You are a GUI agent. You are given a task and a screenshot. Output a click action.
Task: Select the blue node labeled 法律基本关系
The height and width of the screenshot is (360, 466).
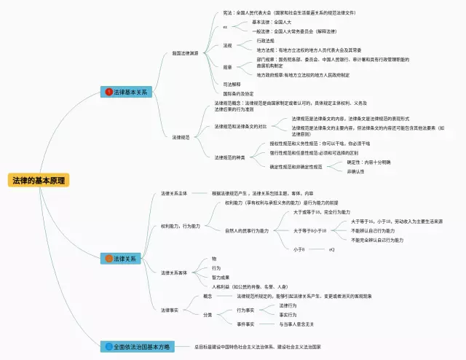click(129, 93)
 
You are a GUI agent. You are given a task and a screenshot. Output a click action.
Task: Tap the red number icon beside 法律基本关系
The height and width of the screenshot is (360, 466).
click(108, 93)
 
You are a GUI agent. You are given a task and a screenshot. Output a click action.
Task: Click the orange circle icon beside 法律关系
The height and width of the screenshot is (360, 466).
click(108, 258)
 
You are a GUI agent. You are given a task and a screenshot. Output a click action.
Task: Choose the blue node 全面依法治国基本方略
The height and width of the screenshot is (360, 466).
click(140, 347)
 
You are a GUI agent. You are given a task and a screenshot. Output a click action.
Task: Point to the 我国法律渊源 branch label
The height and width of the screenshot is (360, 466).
click(185, 53)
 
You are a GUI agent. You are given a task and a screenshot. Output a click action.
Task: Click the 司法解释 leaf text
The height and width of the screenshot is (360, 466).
click(232, 85)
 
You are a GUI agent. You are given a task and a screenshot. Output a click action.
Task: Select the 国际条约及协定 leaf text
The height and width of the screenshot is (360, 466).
click(239, 94)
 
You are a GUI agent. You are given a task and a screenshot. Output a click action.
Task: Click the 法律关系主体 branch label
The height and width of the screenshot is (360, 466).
click(174, 193)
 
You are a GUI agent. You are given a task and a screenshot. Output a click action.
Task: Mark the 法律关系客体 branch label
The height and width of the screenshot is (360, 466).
click(174, 273)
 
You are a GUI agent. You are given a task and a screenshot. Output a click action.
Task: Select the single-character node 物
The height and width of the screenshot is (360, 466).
click(214, 259)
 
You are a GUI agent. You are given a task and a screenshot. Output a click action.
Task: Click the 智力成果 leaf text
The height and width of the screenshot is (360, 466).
click(221, 278)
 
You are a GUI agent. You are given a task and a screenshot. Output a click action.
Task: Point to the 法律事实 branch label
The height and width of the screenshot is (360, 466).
click(170, 310)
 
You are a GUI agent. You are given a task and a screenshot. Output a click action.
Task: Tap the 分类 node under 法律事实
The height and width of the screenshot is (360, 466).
click(208, 315)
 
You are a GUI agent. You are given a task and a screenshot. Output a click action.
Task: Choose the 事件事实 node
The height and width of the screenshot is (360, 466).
click(245, 324)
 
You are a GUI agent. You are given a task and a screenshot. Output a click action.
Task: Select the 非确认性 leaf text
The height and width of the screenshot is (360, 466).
click(356, 172)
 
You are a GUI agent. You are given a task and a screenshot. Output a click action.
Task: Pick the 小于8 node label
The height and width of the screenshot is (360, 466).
click(299, 249)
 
